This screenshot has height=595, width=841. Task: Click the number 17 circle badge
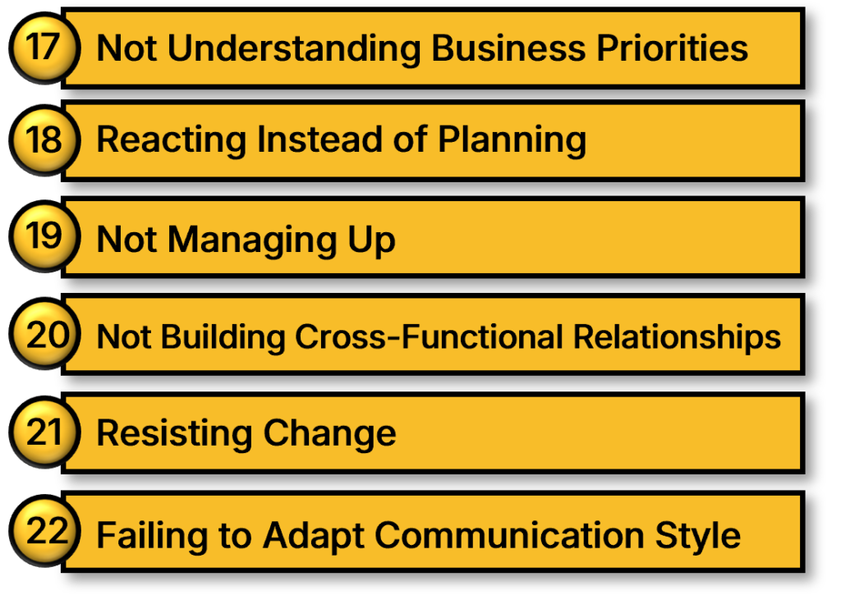tap(44, 48)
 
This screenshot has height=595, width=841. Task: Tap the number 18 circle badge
tap(44, 140)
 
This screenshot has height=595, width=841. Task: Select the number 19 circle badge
tap(44, 236)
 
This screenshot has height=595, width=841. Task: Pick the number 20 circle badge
tap(44, 333)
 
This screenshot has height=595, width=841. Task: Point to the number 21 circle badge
tap(44, 432)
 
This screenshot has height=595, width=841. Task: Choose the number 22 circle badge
tap(44, 531)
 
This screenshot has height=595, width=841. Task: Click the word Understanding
tap(294, 49)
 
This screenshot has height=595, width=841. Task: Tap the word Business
tap(508, 48)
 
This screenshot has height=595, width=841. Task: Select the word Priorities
tap(672, 48)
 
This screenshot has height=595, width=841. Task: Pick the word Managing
tap(252, 240)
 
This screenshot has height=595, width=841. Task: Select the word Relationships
tap(677, 337)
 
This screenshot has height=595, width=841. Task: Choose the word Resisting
tap(174, 433)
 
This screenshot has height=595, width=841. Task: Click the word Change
tap(330, 433)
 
